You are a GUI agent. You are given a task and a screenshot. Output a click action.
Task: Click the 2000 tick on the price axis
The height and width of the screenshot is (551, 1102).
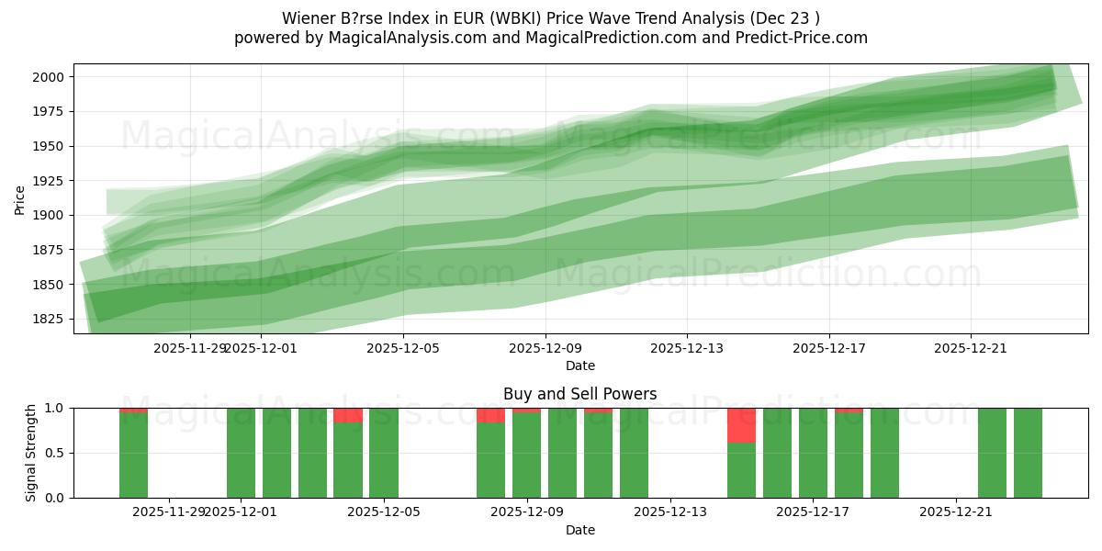(50, 77)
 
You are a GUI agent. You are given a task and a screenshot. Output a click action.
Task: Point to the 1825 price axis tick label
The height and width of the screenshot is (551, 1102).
(50, 319)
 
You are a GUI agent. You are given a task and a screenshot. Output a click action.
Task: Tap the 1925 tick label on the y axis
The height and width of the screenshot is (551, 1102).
(50, 181)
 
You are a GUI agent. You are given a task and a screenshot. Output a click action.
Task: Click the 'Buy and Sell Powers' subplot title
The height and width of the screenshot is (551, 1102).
(579, 394)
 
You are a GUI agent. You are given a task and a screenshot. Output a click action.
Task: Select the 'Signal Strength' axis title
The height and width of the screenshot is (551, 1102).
(32, 452)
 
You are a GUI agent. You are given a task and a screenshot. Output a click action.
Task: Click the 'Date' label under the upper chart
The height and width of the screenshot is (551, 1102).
(579, 365)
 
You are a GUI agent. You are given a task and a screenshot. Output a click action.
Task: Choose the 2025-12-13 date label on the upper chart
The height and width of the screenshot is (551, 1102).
(687, 348)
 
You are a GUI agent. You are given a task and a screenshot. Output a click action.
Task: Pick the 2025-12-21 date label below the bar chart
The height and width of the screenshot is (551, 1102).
(956, 512)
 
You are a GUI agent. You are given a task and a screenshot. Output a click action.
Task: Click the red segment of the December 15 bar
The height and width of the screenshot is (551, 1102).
(741, 425)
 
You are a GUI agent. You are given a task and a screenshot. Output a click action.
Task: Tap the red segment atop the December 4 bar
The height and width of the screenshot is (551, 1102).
(348, 415)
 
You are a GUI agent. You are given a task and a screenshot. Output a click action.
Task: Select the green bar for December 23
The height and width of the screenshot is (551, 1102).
(1028, 453)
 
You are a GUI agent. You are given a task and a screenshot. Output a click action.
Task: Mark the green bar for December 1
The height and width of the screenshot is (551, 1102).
(241, 453)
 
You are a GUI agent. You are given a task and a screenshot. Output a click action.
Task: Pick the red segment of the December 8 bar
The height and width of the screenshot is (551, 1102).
(490, 415)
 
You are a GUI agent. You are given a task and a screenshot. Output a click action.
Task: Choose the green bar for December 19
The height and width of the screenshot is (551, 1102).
(884, 453)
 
